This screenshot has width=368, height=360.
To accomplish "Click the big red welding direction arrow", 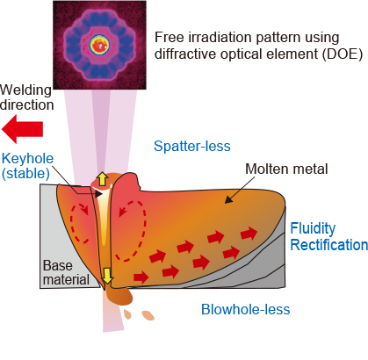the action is click(x=22, y=129).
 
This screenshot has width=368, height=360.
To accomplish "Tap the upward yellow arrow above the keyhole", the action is click(x=102, y=178).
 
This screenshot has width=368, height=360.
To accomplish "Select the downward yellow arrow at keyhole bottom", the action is click(x=107, y=276).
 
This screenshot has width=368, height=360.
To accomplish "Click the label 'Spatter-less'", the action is click(x=192, y=146).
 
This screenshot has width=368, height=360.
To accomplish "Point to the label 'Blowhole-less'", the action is click(x=245, y=309).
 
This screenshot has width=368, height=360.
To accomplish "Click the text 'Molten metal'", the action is click(x=286, y=169).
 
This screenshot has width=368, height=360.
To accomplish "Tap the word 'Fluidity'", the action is click(x=313, y=228).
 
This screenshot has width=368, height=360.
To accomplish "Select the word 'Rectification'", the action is click(x=328, y=245).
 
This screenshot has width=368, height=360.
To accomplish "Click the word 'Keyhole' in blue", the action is click(x=27, y=159).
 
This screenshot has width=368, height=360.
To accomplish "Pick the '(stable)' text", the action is click(x=25, y=174).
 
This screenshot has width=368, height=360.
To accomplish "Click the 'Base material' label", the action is click(x=66, y=272).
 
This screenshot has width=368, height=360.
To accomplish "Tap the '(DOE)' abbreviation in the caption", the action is click(x=343, y=54).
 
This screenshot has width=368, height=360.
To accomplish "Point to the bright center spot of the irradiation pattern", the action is click(x=100, y=46).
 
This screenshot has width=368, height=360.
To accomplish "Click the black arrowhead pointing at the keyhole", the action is click(x=98, y=194).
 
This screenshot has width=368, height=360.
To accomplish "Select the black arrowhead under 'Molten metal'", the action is click(x=228, y=199).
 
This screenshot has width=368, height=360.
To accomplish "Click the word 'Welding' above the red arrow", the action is click(x=25, y=90).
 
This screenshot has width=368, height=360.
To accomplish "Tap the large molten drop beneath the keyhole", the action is click(x=119, y=296).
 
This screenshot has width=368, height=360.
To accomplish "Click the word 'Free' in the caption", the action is click(x=169, y=38).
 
